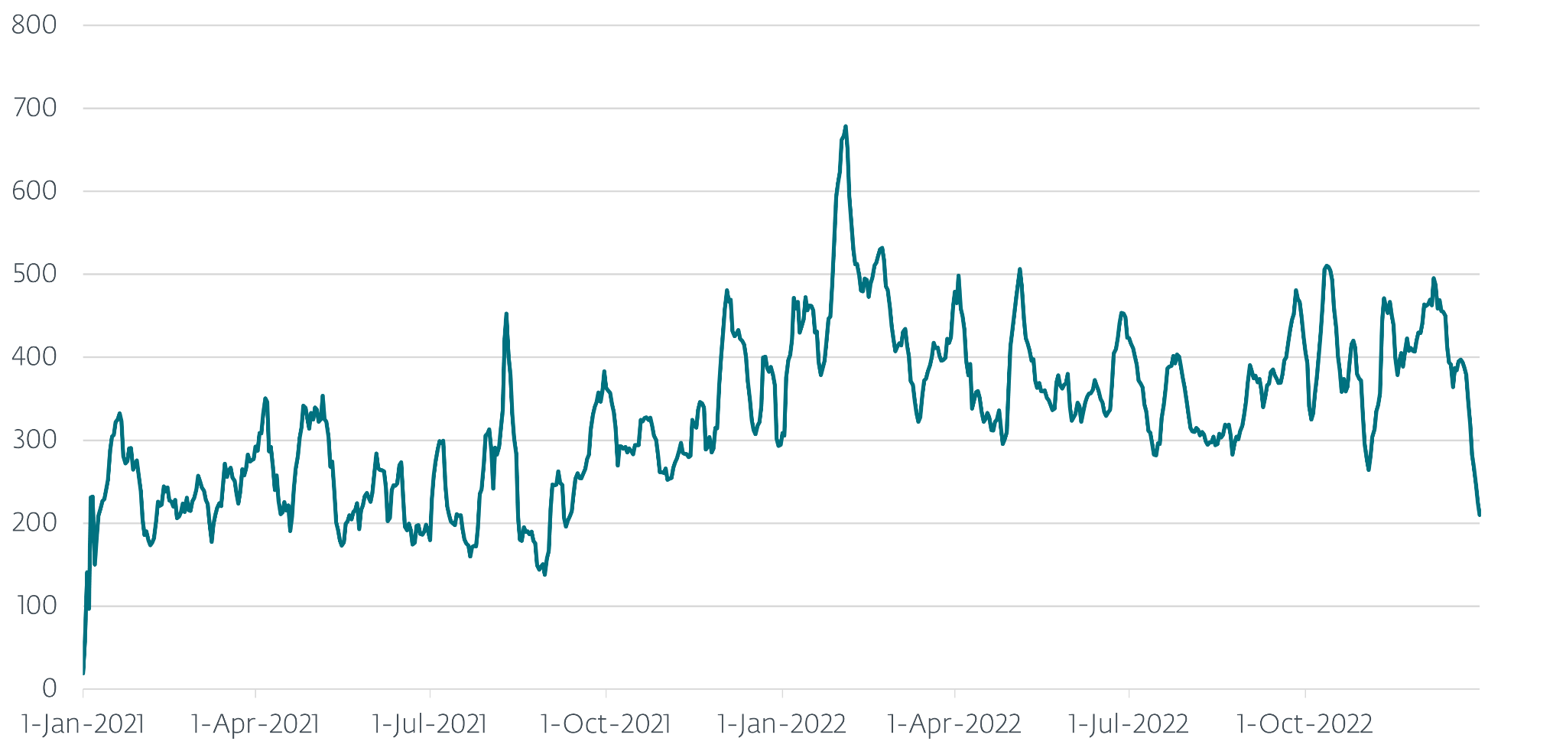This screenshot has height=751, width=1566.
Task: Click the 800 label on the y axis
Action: (34, 25)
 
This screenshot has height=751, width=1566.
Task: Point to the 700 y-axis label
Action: (34, 108)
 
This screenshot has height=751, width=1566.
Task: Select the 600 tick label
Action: (34, 191)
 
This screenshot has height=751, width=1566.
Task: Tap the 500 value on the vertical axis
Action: (34, 274)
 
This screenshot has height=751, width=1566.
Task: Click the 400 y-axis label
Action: (34, 357)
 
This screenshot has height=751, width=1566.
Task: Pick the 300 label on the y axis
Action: (34, 440)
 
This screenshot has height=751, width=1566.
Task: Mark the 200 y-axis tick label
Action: (34, 523)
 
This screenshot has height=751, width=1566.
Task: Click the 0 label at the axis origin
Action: (49, 689)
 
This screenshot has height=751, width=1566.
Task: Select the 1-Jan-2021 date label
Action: (83, 723)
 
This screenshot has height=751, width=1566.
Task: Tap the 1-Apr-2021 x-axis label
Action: (255, 723)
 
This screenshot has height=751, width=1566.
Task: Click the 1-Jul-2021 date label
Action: (430, 723)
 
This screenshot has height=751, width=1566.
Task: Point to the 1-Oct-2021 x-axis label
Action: (606, 723)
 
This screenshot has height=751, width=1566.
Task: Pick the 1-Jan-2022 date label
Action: (781, 723)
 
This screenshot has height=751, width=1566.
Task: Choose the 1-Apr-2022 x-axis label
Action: (954, 723)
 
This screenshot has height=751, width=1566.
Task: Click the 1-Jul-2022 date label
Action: (1129, 723)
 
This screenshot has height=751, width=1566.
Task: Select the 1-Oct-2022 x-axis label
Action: (1304, 723)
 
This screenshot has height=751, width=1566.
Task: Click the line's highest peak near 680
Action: (845, 127)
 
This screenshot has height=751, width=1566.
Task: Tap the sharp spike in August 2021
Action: (506, 314)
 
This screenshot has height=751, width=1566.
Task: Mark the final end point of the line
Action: (1479, 514)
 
